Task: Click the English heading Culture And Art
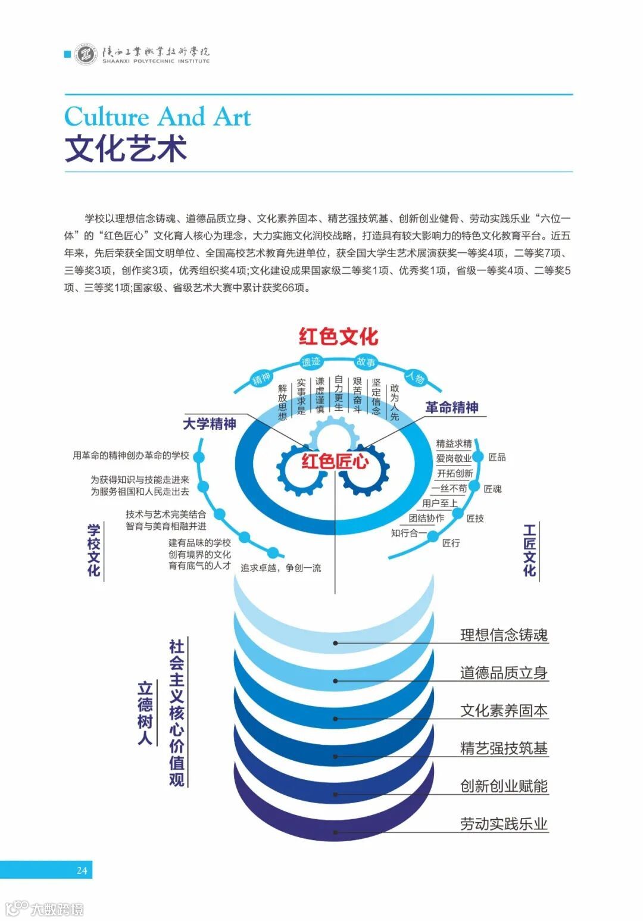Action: pos(158,117)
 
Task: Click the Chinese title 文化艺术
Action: pos(126,149)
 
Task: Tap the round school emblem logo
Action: pos(86,55)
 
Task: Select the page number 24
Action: pos(82,870)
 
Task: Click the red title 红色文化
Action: pos(338,336)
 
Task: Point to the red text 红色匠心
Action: pos(335,461)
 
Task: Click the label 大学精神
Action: pos(209,424)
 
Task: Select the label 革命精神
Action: pos(452,408)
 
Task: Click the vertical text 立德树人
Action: pos(145,713)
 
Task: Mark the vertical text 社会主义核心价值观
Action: pos(177,713)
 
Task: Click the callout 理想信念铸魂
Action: pos(504,635)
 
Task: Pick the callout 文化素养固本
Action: pos(504,710)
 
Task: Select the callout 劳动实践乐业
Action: pos(504,824)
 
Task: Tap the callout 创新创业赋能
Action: pos(504,786)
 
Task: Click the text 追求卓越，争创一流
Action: pos(280,568)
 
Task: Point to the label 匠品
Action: pos(497,457)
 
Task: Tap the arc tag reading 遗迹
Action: pos(311,361)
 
